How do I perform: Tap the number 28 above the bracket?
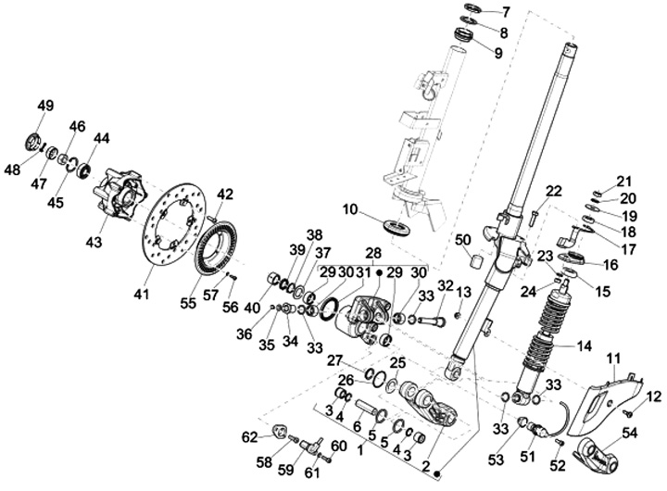coord(373,252)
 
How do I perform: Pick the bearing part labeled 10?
coord(401,225)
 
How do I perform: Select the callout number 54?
coord(630,433)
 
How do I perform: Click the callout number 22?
coord(554,192)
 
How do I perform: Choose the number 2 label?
coord(426,466)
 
